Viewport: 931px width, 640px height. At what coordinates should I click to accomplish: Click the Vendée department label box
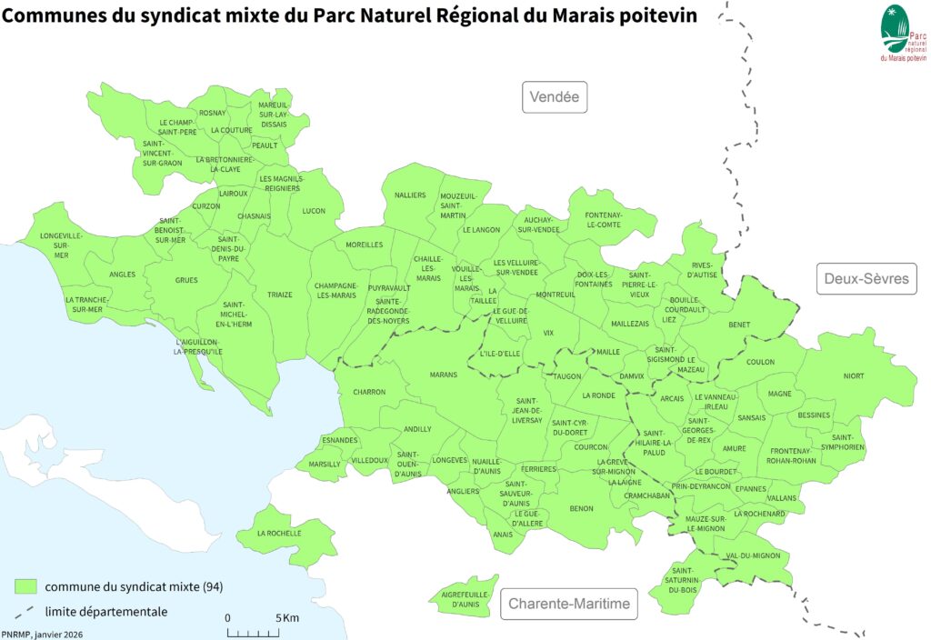554,97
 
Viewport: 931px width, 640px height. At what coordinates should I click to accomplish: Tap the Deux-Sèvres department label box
866,278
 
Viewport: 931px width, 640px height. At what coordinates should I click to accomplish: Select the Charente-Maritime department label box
569,604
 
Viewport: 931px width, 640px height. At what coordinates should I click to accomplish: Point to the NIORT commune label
854,375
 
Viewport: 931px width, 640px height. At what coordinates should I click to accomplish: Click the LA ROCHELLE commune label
279,534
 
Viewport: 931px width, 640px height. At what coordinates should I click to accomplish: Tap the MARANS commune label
444,375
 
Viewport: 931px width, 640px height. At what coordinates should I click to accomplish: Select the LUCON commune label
314,211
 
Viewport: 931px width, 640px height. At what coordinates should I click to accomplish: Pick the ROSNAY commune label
213,113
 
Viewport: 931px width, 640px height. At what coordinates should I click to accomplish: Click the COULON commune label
760,362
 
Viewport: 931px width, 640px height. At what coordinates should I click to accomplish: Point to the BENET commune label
739,324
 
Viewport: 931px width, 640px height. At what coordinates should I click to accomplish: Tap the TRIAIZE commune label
280,295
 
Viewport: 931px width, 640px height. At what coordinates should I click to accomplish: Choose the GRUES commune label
186,280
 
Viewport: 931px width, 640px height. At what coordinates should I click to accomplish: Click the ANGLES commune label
122,275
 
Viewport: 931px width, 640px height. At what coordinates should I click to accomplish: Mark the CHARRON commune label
370,392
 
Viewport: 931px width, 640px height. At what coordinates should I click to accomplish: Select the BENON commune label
581,508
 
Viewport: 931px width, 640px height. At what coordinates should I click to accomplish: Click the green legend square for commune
26,585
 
